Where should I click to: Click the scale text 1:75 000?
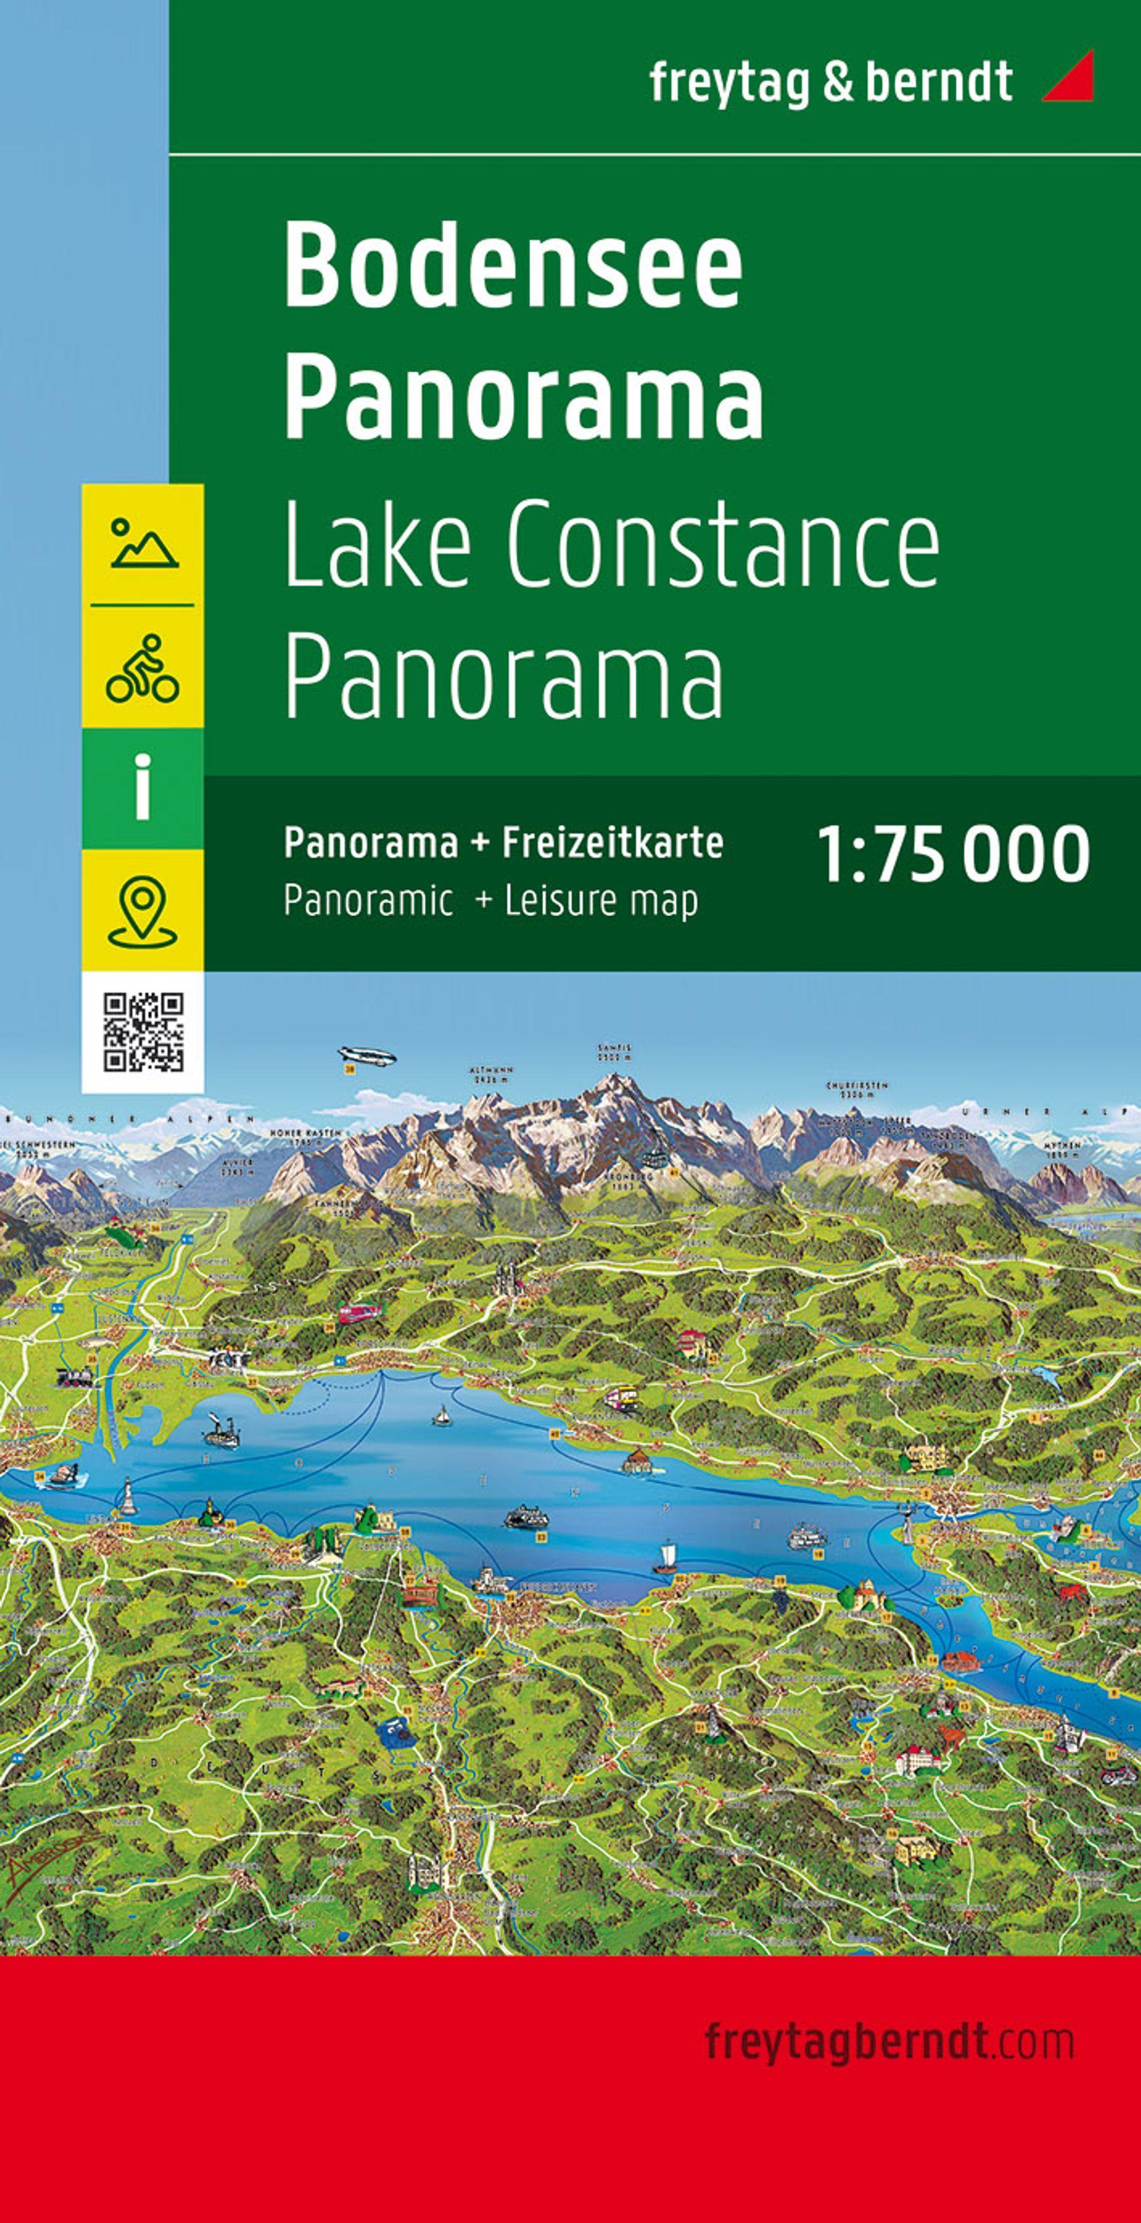click(x=954, y=853)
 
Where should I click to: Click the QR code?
click(x=144, y=1031)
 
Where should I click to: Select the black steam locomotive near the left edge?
click(x=75, y=1377)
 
